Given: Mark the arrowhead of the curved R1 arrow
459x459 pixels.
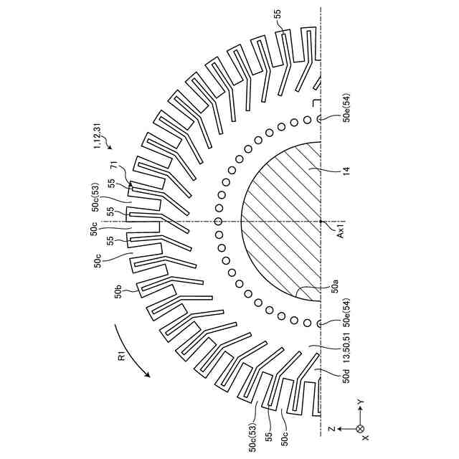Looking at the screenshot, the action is point(147,374).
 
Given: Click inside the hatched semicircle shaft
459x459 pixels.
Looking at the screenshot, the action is point(287,222).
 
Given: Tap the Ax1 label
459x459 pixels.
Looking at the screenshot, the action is point(341,230).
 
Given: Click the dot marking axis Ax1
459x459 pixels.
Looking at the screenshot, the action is point(321,222).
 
